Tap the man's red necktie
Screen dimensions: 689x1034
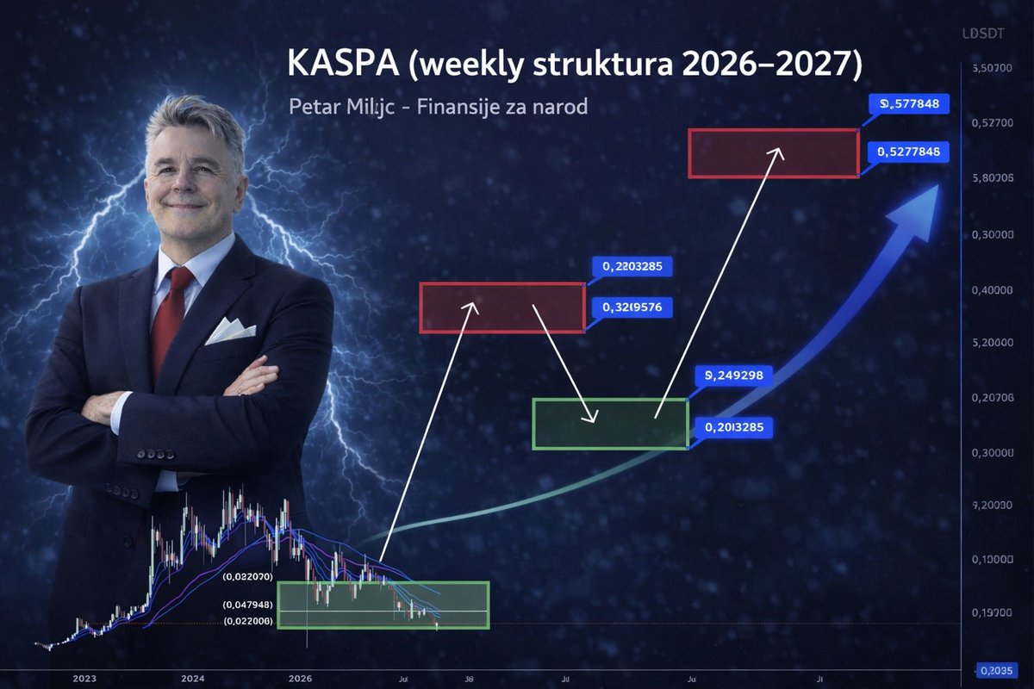[x=171, y=319]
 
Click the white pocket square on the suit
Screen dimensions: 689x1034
[x=229, y=331]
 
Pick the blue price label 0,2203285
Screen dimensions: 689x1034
[x=632, y=266]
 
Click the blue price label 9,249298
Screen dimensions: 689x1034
[x=733, y=375]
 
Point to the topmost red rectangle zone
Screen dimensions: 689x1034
[x=773, y=153]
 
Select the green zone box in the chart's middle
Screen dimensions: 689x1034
[x=610, y=424]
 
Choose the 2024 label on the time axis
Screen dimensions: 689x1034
[x=193, y=677]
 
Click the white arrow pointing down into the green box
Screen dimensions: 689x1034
[x=564, y=362]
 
